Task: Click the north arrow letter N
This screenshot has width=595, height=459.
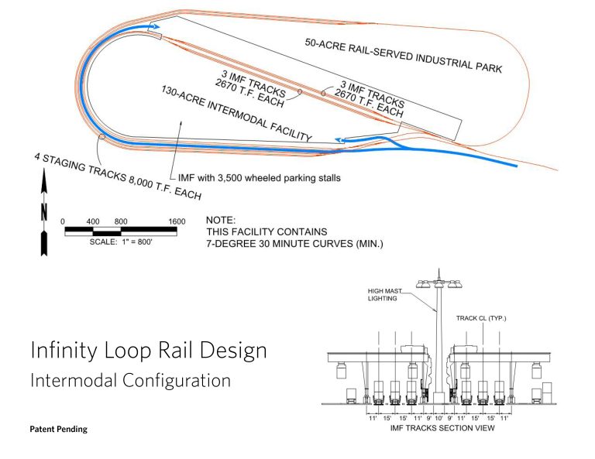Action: (44, 211)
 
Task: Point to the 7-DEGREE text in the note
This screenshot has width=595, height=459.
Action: (231, 244)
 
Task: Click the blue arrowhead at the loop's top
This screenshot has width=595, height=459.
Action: (152, 28)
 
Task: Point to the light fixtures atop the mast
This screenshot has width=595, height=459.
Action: (439, 283)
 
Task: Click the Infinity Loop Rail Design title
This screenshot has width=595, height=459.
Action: (149, 351)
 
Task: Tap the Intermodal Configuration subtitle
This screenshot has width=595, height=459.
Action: (130, 382)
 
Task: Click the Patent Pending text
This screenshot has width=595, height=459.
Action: (58, 430)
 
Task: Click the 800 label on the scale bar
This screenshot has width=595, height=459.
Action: (121, 221)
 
